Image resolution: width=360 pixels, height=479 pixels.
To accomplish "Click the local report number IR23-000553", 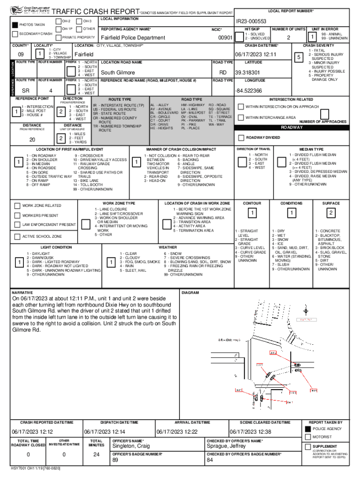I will pyautogui.click(x=251, y=22).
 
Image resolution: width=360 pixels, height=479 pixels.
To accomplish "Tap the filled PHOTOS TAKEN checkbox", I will pyautogui.click(x=15, y=24).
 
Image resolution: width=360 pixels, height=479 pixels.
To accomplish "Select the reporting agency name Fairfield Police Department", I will pyautogui.click(x=133, y=38).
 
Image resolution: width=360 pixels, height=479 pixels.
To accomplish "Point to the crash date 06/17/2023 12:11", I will pyautogui.click(x=256, y=54).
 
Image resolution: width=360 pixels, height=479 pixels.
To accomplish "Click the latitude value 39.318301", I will pyautogui.click(x=247, y=73).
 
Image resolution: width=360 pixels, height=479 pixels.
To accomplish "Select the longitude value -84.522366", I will pyautogui.click(x=248, y=90).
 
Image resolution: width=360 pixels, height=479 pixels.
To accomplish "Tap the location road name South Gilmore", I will pyautogui.click(x=118, y=73).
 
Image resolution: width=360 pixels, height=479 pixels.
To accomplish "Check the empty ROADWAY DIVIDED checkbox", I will pyautogui.click(x=241, y=138).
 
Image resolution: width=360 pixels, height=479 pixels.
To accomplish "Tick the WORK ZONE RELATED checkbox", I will pyautogui.click(x=17, y=205).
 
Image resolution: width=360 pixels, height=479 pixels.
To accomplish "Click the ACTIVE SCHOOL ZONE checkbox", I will pyautogui.click(x=17, y=236).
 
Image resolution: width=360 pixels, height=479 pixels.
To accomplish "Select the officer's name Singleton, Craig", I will pyautogui.click(x=130, y=446).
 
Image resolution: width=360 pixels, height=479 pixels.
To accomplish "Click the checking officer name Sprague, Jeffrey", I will pyautogui.click(x=226, y=446).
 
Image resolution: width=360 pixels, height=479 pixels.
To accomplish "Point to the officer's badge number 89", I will pyautogui.click(x=115, y=461).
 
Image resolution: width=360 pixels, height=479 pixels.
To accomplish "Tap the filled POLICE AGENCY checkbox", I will pyautogui.click(x=308, y=428).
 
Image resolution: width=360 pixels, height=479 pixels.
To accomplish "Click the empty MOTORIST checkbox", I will pyautogui.click(x=308, y=437).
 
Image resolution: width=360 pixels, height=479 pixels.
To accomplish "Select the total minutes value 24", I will pyautogui.click(x=97, y=454).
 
